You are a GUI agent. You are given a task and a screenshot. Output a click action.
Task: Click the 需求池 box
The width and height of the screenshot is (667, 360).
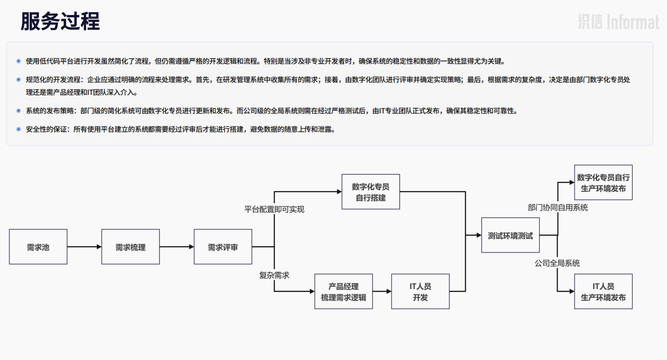(x=38, y=247)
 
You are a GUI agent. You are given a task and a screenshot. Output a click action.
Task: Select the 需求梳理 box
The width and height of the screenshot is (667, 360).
(x=130, y=247)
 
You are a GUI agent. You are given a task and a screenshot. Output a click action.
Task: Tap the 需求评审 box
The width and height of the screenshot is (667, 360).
(x=223, y=247)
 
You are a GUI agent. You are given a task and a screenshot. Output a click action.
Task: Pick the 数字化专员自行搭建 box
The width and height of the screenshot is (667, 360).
(x=371, y=192)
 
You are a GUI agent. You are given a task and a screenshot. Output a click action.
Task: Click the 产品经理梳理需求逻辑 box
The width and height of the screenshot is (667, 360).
(x=343, y=291)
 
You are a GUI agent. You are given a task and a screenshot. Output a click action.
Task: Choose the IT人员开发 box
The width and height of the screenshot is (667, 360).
(x=420, y=291)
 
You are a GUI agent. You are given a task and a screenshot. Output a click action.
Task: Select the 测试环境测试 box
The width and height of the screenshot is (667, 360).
(x=510, y=235)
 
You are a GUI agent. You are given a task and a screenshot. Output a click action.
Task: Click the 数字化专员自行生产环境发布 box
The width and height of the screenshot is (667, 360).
(x=603, y=182)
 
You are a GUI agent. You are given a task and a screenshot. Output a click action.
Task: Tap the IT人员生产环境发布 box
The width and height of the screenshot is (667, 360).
(x=603, y=291)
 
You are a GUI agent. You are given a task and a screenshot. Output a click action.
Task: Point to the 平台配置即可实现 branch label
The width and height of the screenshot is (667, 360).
(x=274, y=209)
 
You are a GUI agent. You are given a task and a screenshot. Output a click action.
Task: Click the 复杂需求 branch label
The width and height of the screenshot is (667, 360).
(x=274, y=275)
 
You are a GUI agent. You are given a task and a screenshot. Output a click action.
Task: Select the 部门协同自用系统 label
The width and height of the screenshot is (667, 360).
(x=558, y=207)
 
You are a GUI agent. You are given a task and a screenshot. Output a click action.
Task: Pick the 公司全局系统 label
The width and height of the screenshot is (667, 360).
(x=557, y=263)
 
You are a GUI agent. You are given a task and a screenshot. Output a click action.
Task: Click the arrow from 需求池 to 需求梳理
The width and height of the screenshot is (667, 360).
(x=84, y=247)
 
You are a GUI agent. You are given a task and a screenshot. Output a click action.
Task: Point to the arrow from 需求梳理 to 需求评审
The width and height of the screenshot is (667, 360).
(x=177, y=247)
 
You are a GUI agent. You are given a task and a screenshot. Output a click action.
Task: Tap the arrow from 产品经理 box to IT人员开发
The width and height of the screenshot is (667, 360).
(x=382, y=291)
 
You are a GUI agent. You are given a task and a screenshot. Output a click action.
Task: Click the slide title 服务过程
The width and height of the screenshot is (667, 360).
(x=60, y=21)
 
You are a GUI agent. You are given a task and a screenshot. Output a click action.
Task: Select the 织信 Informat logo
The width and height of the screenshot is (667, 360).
(x=618, y=22)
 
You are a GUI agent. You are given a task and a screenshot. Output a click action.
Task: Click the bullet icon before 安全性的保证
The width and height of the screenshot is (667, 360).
(x=18, y=129)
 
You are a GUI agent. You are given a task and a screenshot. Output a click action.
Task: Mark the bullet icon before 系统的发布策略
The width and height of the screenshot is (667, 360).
(x=18, y=111)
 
